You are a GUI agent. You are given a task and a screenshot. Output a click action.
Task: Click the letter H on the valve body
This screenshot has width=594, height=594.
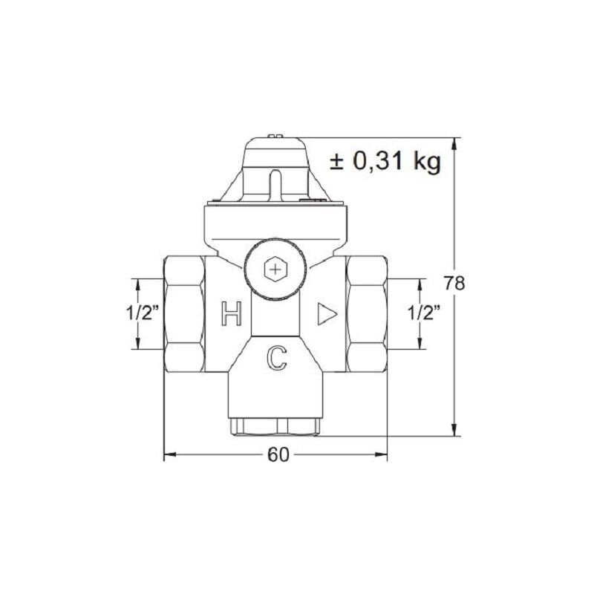coord(232,315)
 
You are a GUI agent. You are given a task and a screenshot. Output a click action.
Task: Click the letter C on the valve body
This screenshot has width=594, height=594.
coord(276,358)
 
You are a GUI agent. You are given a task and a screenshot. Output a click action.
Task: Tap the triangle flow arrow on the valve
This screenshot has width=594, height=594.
coord(325,314)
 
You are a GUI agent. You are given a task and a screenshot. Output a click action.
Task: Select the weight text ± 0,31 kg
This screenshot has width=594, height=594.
coord(385,161)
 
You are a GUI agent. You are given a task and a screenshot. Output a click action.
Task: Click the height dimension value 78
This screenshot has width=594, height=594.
coord(454,284)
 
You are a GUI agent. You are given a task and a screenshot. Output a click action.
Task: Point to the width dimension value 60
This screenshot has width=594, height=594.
coord(276,455)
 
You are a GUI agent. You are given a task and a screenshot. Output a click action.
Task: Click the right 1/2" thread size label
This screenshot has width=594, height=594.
coord(424,313)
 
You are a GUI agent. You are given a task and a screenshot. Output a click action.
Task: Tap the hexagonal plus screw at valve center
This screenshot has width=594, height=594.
coord(275,270)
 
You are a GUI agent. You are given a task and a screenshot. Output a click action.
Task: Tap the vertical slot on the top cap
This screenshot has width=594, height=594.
coord(275,183)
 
